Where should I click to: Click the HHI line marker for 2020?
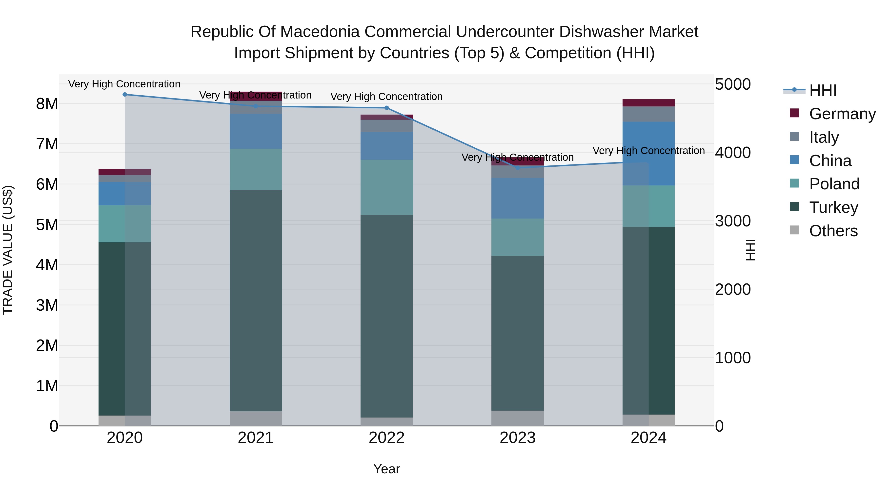pos(125,95)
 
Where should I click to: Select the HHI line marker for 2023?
pos(517,168)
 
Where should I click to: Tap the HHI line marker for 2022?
pos(386,108)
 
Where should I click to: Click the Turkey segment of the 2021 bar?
pos(256,300)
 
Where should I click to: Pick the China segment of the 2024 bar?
pos(648,154)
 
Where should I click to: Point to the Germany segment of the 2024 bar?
pos(648,103)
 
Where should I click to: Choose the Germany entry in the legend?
pos(842,114)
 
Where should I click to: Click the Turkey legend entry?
pos(833,207)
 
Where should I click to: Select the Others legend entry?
pos(833,231)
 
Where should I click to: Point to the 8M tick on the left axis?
pos(47,103)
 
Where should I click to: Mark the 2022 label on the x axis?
pos(386,438)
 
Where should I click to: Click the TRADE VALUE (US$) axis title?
pos(8,250)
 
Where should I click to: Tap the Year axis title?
pos(386,469)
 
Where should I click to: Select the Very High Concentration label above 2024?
pos(648,151)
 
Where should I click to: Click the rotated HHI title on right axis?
pos(750,250)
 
